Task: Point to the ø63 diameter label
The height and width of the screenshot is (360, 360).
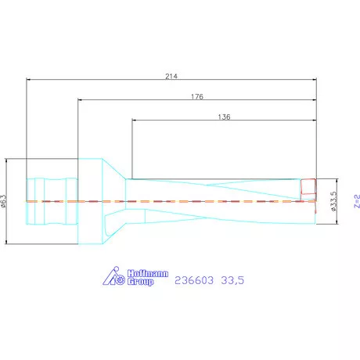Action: tap(4, 201)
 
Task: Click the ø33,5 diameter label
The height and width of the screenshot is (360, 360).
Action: tap(334, 201)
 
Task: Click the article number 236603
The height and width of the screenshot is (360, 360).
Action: tap(193, 279)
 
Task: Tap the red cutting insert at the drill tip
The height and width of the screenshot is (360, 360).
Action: tap(308, 187)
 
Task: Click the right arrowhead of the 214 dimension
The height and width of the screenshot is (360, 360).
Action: tap(314, 79)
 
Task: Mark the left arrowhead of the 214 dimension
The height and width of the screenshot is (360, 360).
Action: tap(29, 79)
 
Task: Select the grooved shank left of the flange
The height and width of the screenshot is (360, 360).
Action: tap(52, 201)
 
